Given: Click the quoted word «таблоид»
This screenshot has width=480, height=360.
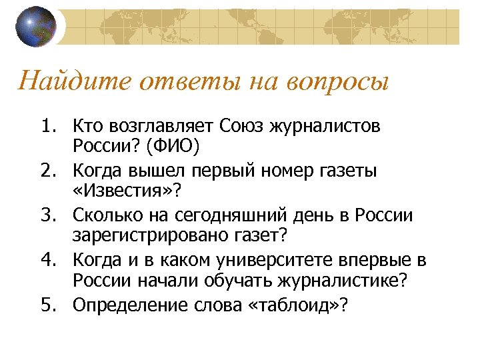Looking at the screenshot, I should click(297, 305).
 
